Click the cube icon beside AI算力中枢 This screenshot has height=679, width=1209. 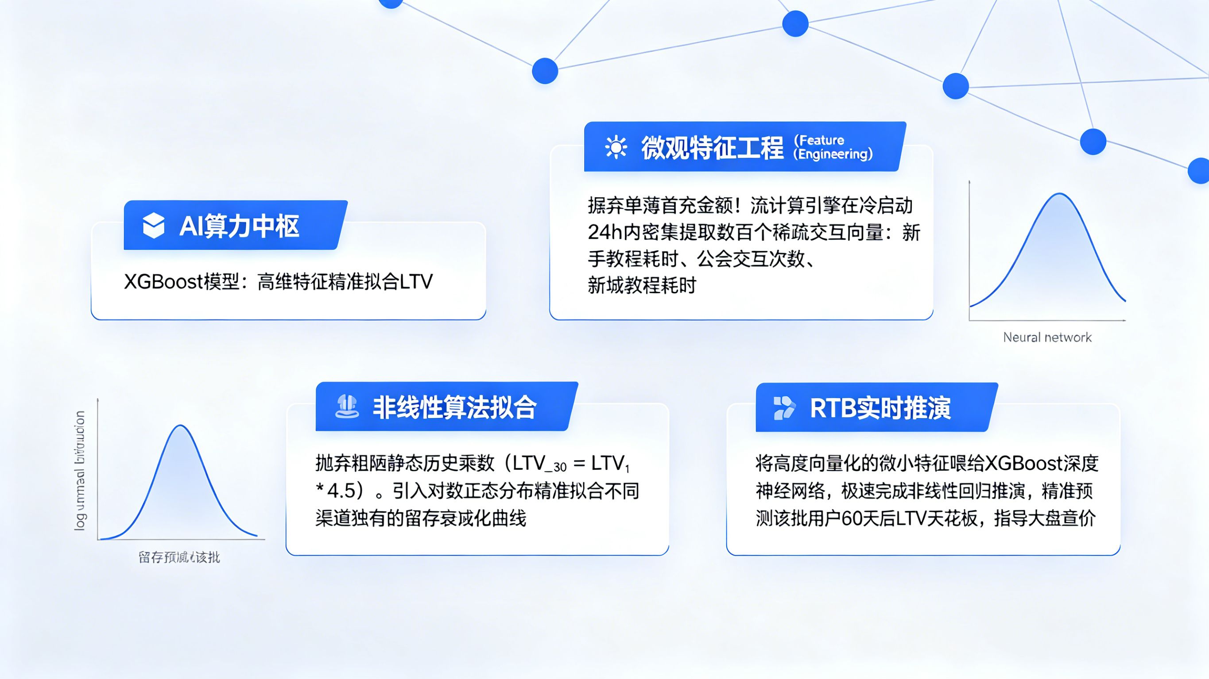tap(154, 226)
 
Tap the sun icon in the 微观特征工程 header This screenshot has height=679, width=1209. tap(615, 147)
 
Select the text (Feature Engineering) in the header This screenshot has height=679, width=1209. tap(833, 147)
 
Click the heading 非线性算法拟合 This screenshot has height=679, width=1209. tap(454, 407)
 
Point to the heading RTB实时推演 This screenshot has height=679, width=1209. tap(880, 408)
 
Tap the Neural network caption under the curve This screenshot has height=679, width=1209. tap(1047, 337)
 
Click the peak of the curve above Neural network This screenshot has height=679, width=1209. tap(1059, 194)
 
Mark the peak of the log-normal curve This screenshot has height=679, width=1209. tap(181, 426)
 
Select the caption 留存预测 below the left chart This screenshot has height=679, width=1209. tap(179, 557)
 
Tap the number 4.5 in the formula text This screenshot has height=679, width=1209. tap(341, 491)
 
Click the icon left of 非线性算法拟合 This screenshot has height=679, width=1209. tap(347, 407)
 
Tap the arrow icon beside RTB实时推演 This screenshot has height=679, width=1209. tap(784, 407)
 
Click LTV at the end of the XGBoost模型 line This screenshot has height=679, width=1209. tap(416, 282)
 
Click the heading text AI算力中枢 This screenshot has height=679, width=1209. tap(239, 226)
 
